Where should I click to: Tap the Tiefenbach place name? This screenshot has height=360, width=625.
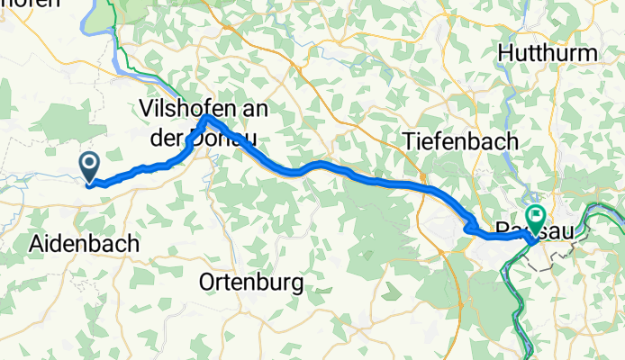coord(461,141)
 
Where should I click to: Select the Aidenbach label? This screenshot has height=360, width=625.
coord(85,243)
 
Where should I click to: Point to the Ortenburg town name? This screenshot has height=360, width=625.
coord(251,283)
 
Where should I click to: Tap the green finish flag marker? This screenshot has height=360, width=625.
coord(537,217)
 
